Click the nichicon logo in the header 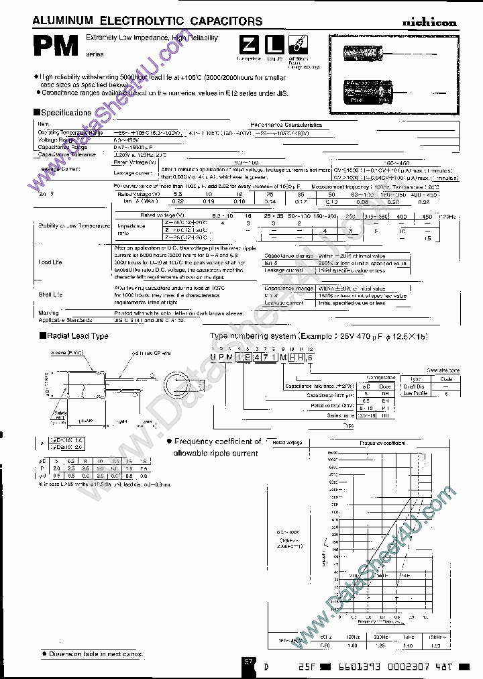tap(429, 22)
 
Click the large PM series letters tap(57, 47)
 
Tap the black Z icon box tap(248, 46)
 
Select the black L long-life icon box tap(272, 46)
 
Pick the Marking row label tap(48, 313)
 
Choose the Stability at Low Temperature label tap(74, 225)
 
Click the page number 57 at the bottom tap(248, 661)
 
